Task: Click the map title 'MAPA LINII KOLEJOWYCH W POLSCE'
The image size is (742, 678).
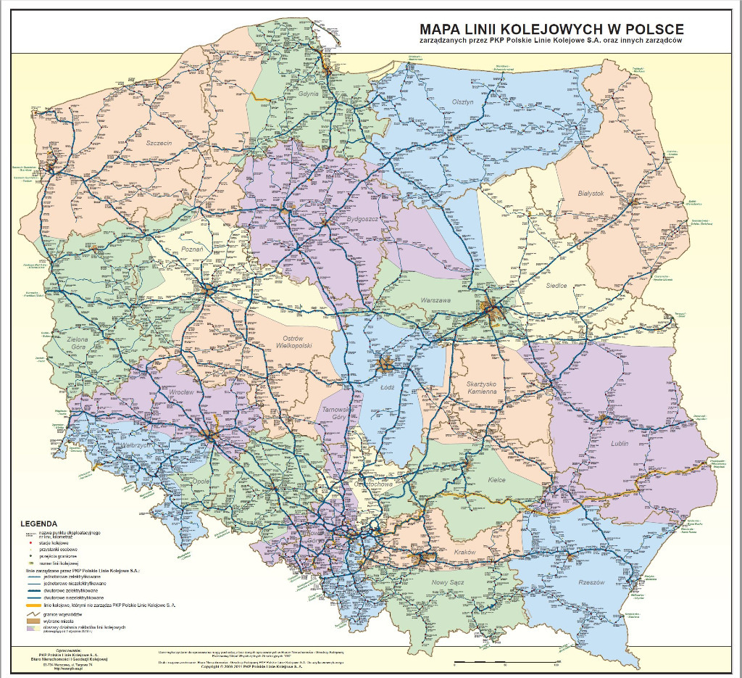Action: point(551,29)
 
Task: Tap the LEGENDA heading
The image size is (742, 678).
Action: point(38,523)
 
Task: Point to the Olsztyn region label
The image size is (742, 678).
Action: point(462,102)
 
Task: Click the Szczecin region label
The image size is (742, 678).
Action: point(159,143)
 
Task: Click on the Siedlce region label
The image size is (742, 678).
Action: point(556,286)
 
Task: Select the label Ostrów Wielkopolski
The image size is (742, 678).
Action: point(296,342)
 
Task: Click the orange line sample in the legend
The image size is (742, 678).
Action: point(33,603)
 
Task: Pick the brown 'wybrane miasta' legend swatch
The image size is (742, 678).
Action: point(33,620)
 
